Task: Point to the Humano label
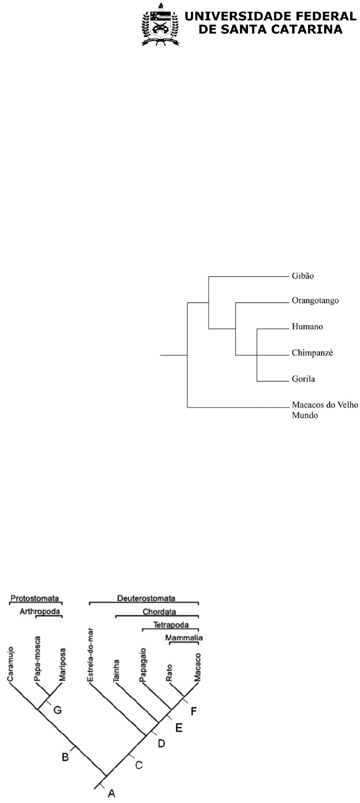click(307, 327)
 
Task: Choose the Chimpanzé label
click(312, 353)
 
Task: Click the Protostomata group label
click(35, 598)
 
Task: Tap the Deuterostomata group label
click(144, 598)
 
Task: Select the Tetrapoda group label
click(171, 624)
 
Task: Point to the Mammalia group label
click(184, 638)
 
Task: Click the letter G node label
click(58, 710)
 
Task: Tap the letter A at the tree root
click(111, 793)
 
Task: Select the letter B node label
click(65, 757)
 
